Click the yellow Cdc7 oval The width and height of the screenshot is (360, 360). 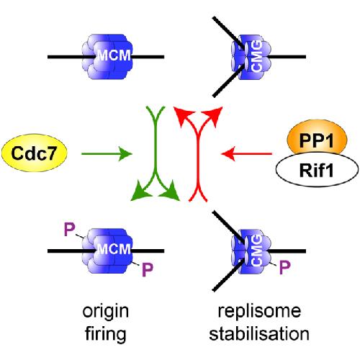[x=35, y=153]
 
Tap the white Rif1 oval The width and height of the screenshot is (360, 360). [x=317, y=170]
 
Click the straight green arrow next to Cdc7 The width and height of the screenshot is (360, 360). [x=107, y=153]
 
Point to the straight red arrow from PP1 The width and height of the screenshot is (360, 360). [x=246, y=153]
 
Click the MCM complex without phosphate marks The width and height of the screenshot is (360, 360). [x=107, y=57]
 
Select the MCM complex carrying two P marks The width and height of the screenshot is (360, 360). [x=107, y=251]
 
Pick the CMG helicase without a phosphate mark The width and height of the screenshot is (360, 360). [x=251, y=57]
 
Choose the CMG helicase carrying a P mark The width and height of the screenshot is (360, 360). [x=251, y=251]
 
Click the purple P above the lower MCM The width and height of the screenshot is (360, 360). [x=70, y=229]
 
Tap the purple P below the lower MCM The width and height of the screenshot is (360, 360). [x=148, y=269]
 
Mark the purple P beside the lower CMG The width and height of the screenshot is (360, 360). [x=285, y=267]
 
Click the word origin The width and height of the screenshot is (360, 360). [x=106, y=312]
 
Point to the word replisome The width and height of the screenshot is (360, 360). [x=259, y=312]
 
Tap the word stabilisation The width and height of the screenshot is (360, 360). [x=259, y=334]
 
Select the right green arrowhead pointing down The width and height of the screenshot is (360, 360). [x=170, y=192]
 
